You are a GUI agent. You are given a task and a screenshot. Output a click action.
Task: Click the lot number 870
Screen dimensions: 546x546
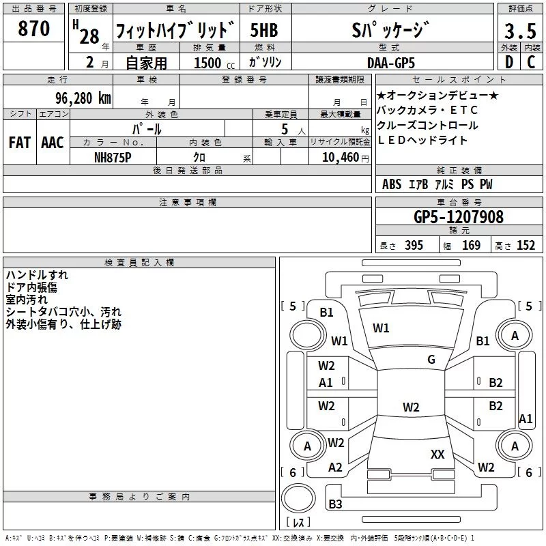(33, 29)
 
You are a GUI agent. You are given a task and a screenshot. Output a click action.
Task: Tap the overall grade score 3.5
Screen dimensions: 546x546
(520, 31)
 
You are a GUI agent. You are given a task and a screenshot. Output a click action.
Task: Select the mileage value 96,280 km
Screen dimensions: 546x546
(83, 98)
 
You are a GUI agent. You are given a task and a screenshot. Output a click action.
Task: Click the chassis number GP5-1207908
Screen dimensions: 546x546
(459, 216)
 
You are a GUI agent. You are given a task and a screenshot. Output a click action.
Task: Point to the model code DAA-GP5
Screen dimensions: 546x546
(391, 63)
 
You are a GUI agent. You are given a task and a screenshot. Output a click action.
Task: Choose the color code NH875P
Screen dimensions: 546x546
(113, 158)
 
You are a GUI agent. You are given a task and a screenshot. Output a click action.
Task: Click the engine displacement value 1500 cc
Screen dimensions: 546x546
(214, 63)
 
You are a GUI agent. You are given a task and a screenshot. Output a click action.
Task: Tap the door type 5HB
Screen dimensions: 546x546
(264, 30)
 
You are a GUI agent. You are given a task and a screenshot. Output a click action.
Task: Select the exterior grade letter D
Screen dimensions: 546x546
(509, 62)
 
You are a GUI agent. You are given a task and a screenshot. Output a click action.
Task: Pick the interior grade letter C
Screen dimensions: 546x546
(531, 62)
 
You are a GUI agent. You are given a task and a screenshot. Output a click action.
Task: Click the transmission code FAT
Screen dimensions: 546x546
(20, 143)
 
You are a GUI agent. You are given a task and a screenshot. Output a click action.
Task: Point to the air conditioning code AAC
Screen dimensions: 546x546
(53, 143)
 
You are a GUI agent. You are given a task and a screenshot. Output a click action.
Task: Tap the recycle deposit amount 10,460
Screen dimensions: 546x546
(341, 158)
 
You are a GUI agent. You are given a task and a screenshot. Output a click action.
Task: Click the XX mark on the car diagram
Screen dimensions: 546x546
(437, 454)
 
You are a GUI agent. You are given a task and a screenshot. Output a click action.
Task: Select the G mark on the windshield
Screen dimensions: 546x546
(431, 360)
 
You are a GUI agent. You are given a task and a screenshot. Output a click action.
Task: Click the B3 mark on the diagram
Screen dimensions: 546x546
(335, 504)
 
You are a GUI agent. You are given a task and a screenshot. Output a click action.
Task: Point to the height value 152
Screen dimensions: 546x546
(526, 246)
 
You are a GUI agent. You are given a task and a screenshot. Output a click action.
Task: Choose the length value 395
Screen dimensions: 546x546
(414, 246)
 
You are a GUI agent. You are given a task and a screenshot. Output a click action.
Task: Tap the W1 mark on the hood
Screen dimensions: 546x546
(381, 328)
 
